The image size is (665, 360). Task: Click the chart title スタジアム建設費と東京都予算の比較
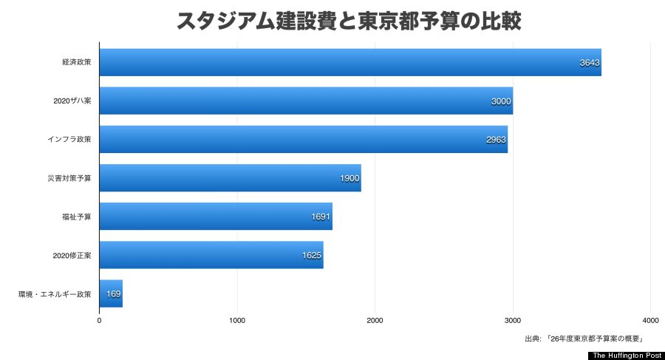pyautogui.click(x=349, y=21)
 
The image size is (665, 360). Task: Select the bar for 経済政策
pyautogui.click(x=350, y=62)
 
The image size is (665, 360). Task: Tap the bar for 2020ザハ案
pyautogui.click(x=306, y=101)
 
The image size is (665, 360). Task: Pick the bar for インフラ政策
pyautogui.click(x=303, y=139)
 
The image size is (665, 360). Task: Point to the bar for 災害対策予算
pyautogui.click(x=230, y=177)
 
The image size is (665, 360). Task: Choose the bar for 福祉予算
pyautogui.click(x=216, y=216)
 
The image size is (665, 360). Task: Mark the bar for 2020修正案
pyautogui.click(x=211, y=254)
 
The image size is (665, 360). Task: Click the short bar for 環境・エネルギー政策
pyautogui.click(x=111, y=293)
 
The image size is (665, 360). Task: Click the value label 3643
pyautogui.click(x=590, y=63)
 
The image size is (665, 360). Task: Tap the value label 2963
pyautogui.click(x=496, y=140)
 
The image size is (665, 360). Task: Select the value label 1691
pyautogui.click(x=321, y=217)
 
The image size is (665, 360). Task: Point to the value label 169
pyautogui.click(x=114, y=293)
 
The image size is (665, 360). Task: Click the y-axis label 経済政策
pyautogui.click(x=77, y=63)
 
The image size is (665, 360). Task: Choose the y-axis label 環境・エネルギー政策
pyautogui.click(x=55, y=294)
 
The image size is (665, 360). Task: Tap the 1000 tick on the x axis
pyautogui.click(x=237, y=320)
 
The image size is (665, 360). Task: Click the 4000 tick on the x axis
pyautogui.click(x=650, y=320)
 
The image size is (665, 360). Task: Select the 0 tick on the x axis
pyautogui.click(x=100, y=320)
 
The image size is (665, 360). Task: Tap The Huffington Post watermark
pyautogui.click(x=625, y=355)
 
